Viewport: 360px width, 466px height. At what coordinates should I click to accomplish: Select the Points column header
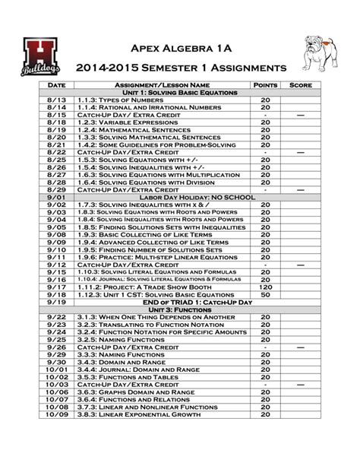point(265,84)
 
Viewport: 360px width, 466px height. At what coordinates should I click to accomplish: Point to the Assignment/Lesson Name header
point(161,84)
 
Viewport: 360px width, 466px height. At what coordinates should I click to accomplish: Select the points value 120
point(265,287)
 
